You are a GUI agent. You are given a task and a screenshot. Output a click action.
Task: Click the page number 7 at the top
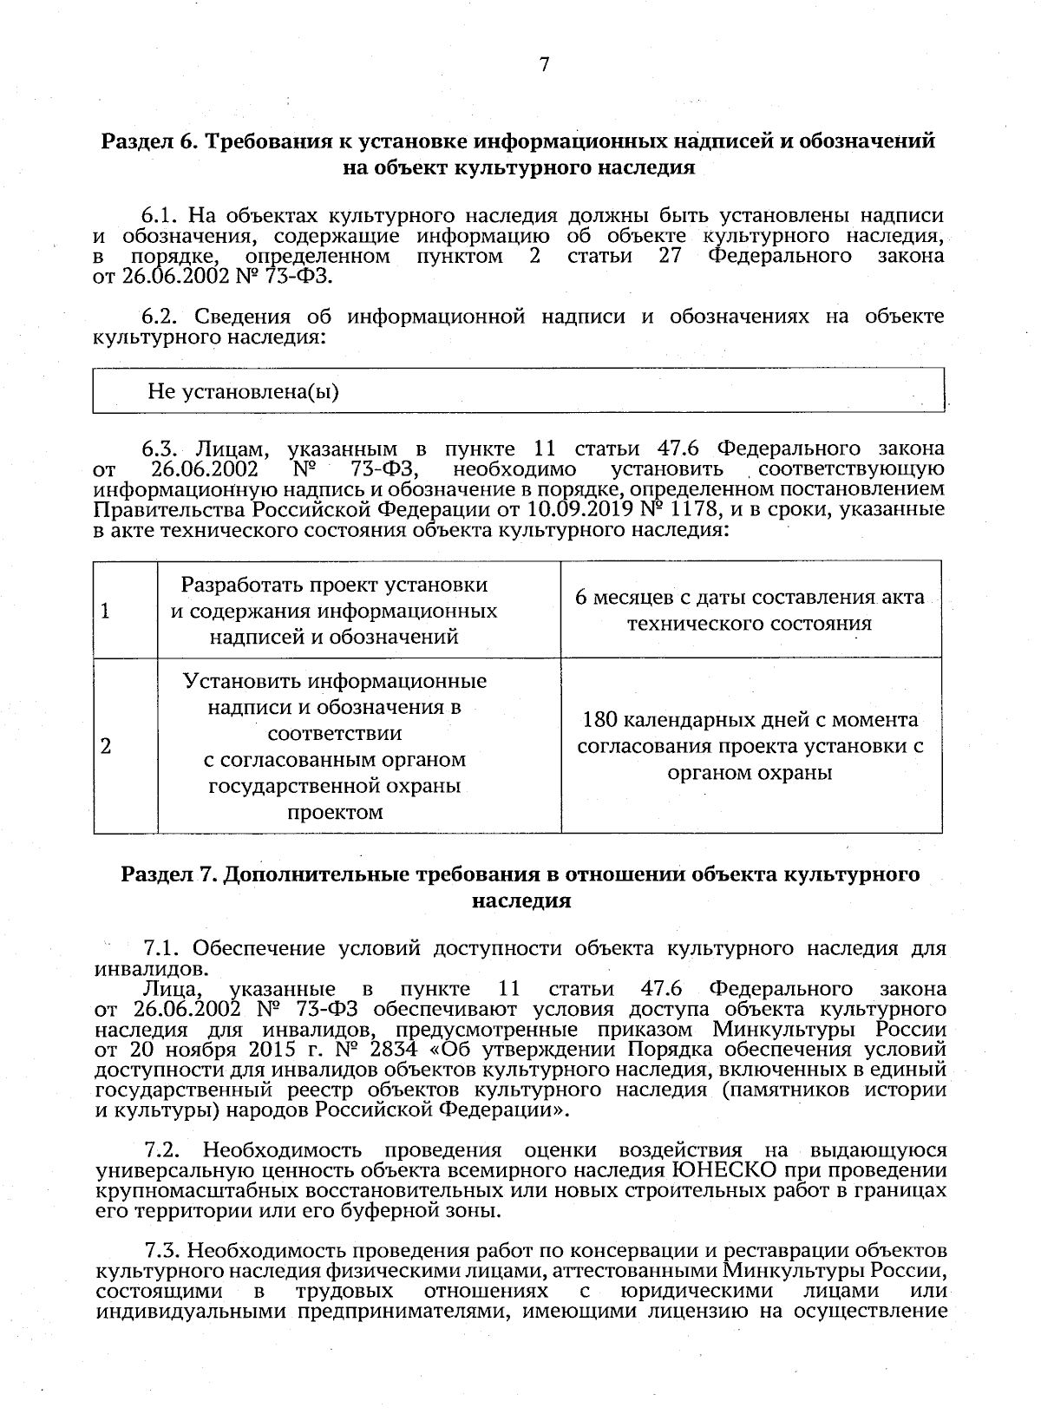[x=544, y=64]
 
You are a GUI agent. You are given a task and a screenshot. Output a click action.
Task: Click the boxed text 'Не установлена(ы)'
[x=243, y=391]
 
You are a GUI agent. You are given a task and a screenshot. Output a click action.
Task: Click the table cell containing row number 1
[x=125, y=611]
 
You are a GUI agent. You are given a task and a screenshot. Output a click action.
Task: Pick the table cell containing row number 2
[x=125, y=746]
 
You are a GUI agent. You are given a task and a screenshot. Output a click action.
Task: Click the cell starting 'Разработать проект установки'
[x=334, y=611]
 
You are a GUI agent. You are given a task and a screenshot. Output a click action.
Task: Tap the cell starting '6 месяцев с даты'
[x=750, y=611]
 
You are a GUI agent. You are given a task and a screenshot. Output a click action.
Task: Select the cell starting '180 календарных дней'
[x=750, y=746]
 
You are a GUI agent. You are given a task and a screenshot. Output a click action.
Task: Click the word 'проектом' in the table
[x=334, y=813]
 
